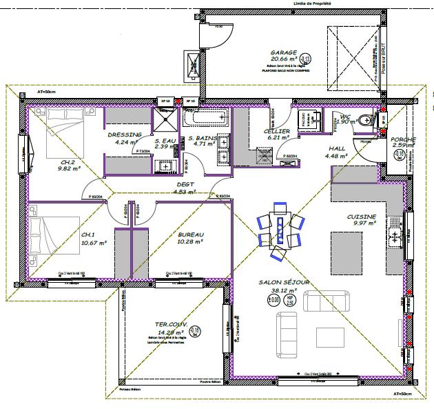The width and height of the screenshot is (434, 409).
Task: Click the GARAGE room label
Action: point(282,52)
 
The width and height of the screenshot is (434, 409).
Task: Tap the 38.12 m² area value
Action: point(284,290)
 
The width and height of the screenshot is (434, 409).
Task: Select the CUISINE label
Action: point(361,217)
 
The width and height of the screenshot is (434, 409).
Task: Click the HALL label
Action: point(336,148)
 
